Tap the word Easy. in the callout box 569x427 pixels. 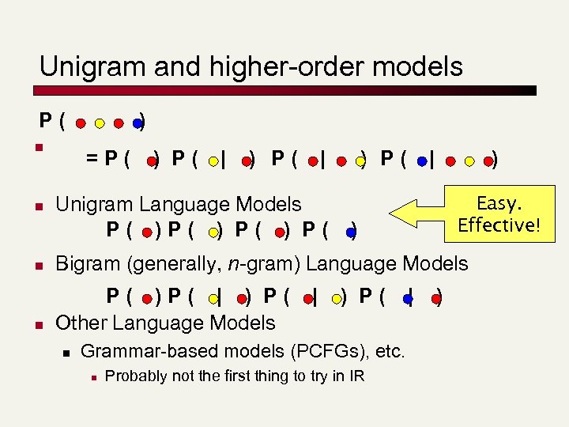(x=499, y=203)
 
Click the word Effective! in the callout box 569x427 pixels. (x=499, y=225)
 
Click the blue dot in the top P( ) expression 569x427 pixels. (x=138, y=123)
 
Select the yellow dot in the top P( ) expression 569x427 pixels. (x=100, y=123)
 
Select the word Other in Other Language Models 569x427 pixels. (x=81, y=323)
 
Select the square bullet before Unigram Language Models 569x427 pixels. (x=38, y=206)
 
